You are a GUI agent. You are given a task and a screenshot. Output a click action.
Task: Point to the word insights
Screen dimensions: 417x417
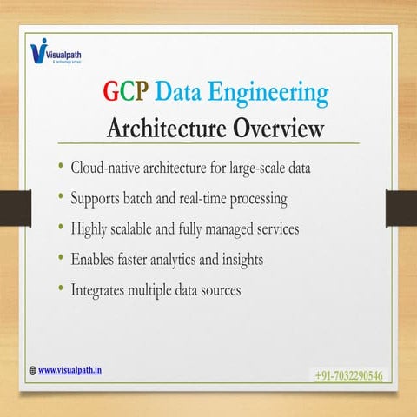click(x=264, y=258)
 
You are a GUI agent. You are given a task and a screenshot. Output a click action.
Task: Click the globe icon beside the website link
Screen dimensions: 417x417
click(x=33, y=369)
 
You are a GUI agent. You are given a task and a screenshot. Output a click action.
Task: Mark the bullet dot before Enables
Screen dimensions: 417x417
click(x=61, y=257)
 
